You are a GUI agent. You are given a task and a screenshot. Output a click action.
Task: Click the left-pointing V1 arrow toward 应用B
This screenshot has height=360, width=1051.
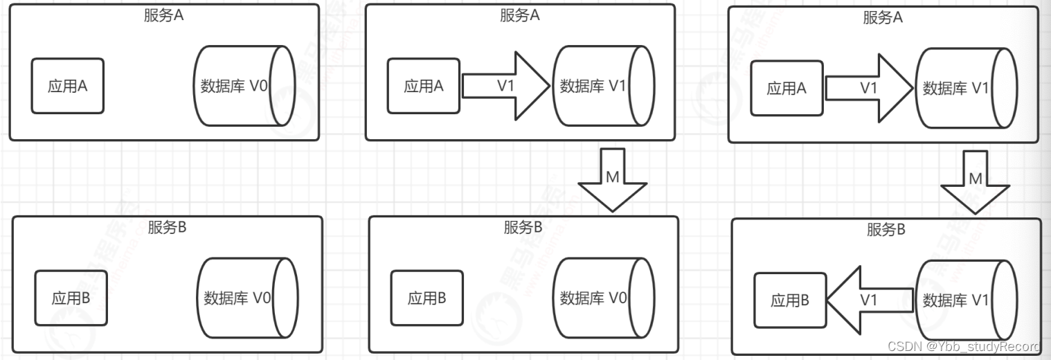pos(869,300)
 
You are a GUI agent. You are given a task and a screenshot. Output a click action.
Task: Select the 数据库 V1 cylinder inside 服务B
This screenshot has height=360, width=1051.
pos(967,300)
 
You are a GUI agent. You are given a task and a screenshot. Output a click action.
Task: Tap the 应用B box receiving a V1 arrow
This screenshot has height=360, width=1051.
pos(789,300)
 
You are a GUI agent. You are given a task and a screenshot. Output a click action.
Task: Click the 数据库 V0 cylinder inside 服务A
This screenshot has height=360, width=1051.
pos(245,86)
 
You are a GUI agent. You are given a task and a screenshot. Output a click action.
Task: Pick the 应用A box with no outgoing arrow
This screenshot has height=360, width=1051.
pos(67,86)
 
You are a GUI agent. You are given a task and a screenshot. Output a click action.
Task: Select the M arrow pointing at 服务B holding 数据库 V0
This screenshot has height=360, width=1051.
pos(612,179)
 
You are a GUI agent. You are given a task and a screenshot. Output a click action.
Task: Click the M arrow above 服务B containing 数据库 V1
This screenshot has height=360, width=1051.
pos(976,180)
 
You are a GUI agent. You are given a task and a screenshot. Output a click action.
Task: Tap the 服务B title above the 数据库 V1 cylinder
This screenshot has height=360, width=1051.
pos(886,231)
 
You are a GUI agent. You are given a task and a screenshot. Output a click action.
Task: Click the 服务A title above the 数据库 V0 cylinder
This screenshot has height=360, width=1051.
pos(164,17)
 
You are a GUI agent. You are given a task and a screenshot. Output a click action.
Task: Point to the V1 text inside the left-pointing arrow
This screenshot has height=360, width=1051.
pos(869,300)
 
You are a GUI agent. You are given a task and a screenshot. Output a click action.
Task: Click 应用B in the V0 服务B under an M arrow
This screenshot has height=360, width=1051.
pos(426,298)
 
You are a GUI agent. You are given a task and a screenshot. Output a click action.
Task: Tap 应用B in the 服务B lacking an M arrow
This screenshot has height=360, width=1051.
pos(71,298)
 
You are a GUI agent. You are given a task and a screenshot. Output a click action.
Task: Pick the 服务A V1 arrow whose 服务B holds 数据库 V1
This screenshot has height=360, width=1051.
pos(868,88)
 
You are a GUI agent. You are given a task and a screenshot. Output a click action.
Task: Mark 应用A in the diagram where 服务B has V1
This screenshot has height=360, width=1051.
pos(787,88)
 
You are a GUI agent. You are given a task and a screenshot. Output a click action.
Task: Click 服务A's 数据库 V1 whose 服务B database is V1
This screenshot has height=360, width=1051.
pos(967,88)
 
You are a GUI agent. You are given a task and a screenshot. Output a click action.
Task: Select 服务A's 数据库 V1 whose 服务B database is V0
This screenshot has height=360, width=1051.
pos(602,87)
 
